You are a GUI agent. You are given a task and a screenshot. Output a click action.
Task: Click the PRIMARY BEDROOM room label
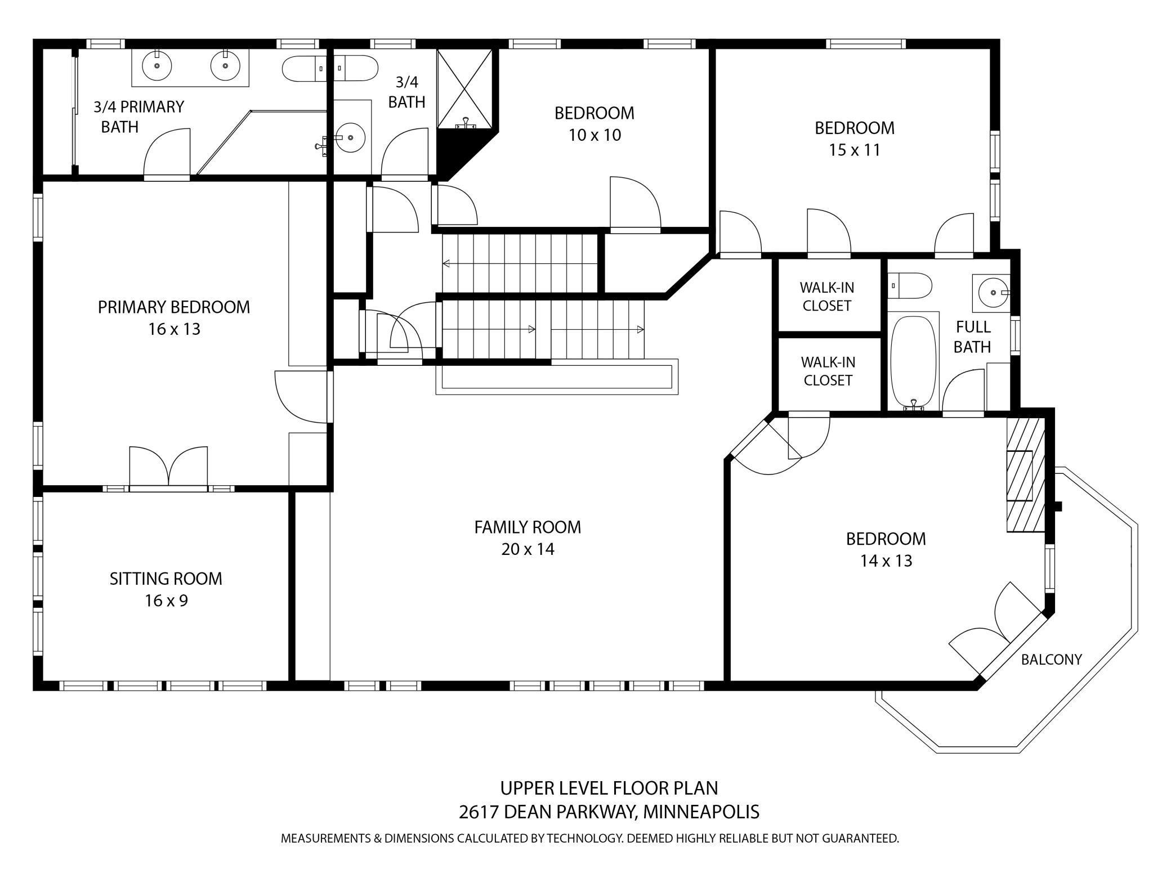tap(174, 307)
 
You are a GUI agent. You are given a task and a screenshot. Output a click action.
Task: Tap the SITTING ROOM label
tap(166, 579)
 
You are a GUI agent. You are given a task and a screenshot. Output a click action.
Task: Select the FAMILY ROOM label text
tap(528, 527)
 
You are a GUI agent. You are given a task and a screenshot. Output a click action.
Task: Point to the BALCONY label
tap(1052, 660)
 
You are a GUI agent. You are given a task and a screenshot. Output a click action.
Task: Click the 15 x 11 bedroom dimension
tap(855, 150)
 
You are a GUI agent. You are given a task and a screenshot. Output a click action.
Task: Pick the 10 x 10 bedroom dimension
tap(595, 135)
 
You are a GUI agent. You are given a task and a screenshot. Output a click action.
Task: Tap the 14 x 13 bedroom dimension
tap(886, 561)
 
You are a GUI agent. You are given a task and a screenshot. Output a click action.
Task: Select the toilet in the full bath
tap(909, 285)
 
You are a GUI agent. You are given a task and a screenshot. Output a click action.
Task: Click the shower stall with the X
tap(465, 88)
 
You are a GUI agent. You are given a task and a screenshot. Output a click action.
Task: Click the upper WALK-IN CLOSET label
tap(827, 297)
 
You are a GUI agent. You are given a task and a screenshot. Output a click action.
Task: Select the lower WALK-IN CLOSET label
tap(828, 371)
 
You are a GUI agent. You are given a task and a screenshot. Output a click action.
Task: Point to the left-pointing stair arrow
tap(520, 263)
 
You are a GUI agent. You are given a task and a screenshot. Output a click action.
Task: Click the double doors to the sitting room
tap(168, 467)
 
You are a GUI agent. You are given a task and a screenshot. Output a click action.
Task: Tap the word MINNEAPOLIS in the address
tap(701, 812)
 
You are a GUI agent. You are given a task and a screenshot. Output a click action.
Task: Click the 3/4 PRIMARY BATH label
tap(138, 117)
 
